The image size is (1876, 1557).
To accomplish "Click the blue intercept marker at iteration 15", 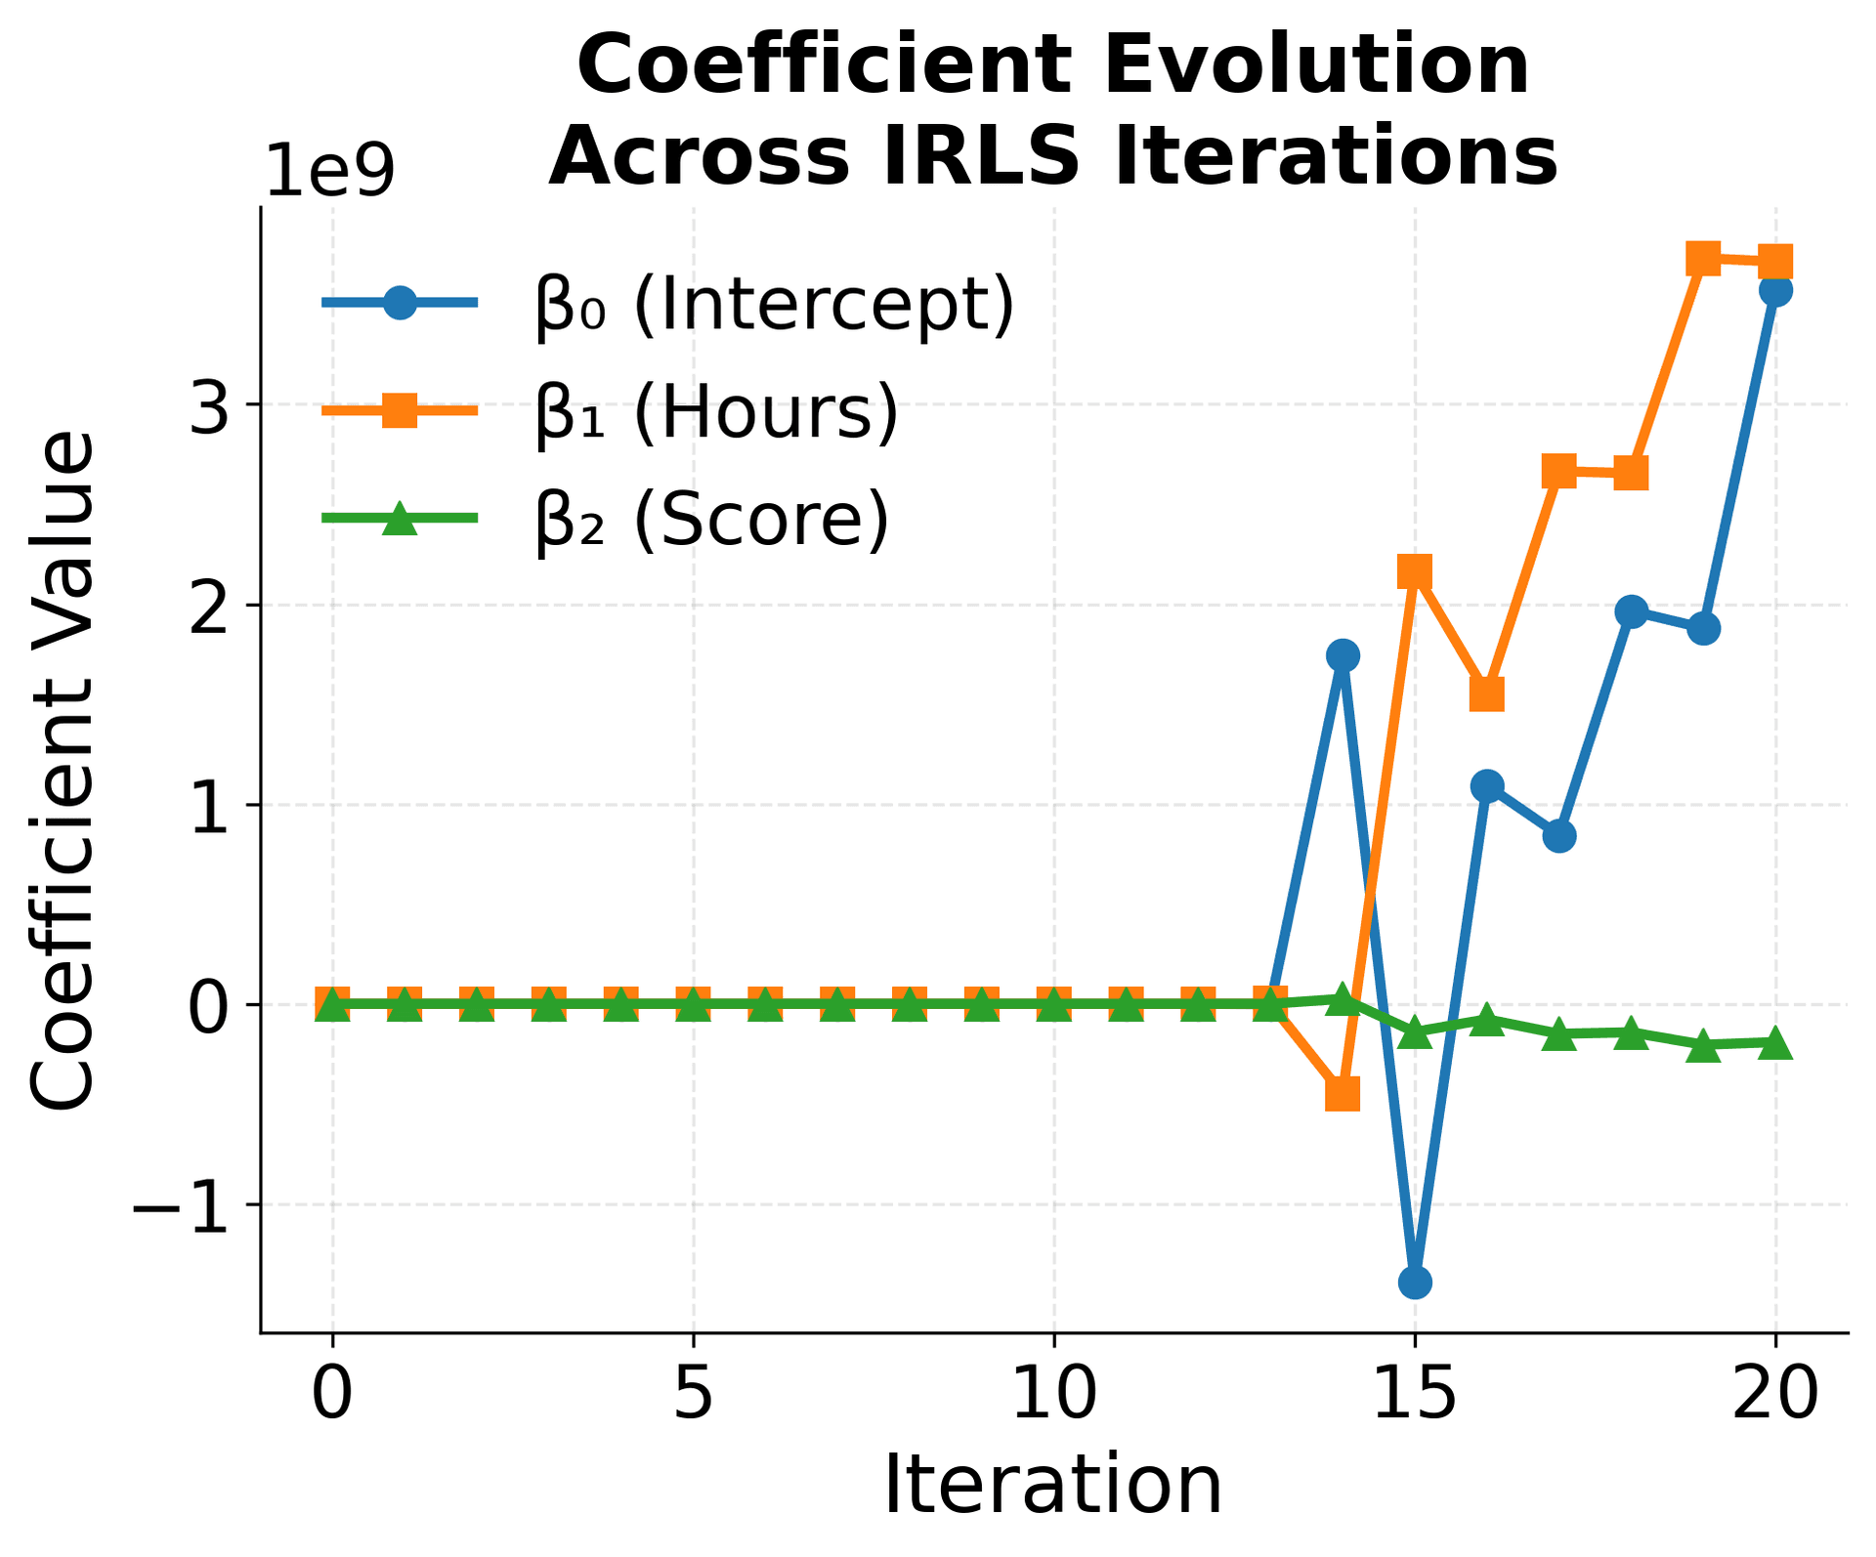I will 1415,1282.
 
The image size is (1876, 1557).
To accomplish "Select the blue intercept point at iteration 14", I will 1343,654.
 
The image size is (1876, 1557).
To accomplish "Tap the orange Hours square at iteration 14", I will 1343,1094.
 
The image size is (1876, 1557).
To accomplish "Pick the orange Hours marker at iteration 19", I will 1703,260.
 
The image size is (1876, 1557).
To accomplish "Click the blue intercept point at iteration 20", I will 1775,290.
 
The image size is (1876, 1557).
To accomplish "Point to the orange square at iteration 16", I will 1486,694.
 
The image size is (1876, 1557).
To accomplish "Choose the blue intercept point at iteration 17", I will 1559,835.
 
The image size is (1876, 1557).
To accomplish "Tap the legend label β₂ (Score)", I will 712,520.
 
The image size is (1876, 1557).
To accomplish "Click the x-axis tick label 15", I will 1415,1395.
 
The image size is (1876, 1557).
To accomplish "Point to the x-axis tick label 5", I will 693,1395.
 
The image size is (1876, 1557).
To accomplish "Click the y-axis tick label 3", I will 209,406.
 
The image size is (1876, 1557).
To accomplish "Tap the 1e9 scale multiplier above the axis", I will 329,172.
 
